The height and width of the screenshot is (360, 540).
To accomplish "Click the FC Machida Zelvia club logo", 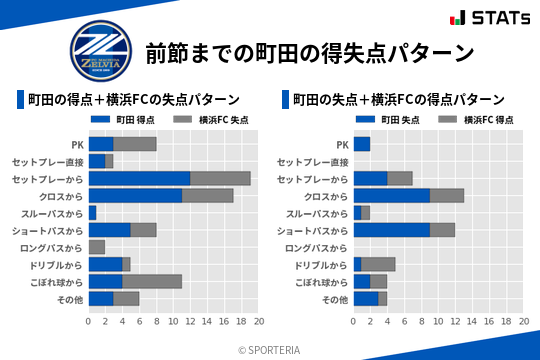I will pos(100,52).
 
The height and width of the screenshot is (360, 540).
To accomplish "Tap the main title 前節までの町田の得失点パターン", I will pos(308,52).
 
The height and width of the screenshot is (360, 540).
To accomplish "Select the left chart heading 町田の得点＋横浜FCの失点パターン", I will pos(132,100).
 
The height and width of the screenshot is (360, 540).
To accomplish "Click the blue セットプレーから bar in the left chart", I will pos(139,178).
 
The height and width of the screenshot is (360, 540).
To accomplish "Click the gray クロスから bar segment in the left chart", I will pos(207,195).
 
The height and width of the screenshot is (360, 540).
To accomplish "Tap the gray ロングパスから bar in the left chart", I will pos(96,247).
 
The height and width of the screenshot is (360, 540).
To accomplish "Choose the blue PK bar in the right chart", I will pos(361,144).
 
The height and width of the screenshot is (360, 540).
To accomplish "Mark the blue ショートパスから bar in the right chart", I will pos(391,230).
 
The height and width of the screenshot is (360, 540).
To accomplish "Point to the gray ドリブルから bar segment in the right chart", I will pos(378,264).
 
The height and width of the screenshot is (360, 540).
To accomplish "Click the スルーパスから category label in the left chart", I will pos(54,213).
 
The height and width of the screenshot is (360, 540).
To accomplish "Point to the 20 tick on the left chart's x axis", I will pos(259,322).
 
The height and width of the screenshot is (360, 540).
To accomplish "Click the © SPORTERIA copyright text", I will pos(270,349).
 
